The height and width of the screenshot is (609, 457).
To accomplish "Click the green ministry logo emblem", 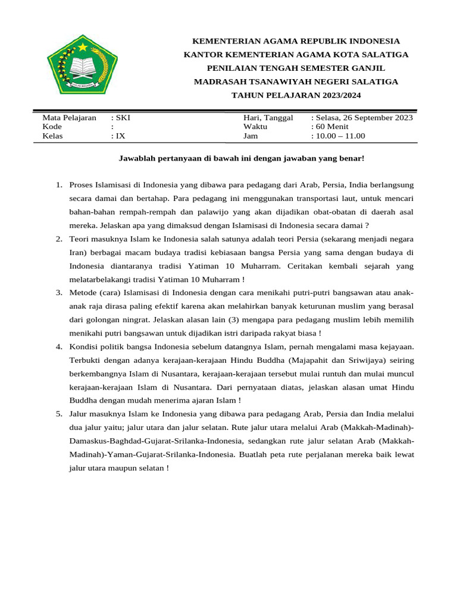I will (82, 65).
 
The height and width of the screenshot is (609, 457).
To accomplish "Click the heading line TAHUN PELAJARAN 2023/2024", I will (296, 95).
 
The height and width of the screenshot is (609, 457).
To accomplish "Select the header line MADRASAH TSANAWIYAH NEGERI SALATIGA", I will (296, 81).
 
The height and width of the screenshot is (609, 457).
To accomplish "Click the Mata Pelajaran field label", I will (69, 118).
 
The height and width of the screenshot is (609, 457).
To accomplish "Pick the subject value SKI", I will (123, 118).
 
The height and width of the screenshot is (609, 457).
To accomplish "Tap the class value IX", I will (121, 136).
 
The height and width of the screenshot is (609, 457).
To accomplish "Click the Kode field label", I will (52, 127).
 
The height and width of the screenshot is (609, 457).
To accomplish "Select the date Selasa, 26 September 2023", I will (364, 118).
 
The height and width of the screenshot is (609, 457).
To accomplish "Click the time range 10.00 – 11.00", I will (340, 136).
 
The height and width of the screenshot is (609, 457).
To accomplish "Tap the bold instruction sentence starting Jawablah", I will (241, 159).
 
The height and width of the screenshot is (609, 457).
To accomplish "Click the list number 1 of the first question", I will (59, 185).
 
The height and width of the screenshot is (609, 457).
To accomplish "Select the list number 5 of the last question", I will (59, 413).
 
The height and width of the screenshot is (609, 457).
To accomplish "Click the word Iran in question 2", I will (77, 252).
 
